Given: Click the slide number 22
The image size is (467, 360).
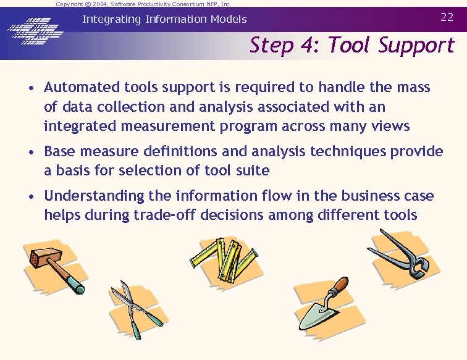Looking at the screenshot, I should (x=447, y=17).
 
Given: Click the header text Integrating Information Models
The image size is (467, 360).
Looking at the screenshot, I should (x=164, y=19).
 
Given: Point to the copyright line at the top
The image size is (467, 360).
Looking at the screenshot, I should (x=143, y=4).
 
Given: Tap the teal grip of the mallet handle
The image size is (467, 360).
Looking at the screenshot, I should (x=75, y=284).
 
